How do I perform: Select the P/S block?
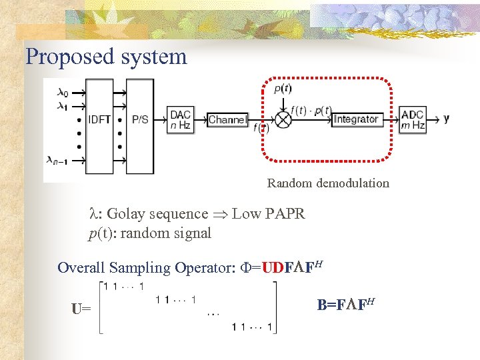pos(141,120)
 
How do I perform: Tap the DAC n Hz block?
pos(181,120)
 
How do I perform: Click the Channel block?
pos(227,120)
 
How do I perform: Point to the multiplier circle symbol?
pos(284,120)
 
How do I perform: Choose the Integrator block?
pos(356,120)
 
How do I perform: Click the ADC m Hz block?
pos(413,120)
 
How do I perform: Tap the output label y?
pos(446,119)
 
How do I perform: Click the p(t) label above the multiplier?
pos(283,89)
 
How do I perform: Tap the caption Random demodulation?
pos(328,183)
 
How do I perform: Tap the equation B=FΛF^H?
pos(345,305)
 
